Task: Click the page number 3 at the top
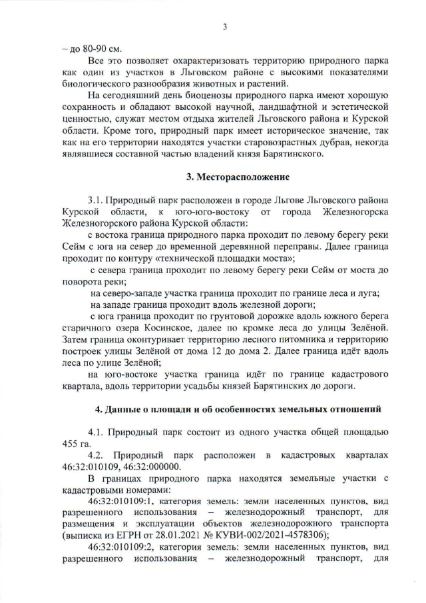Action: tap(225, 27)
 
